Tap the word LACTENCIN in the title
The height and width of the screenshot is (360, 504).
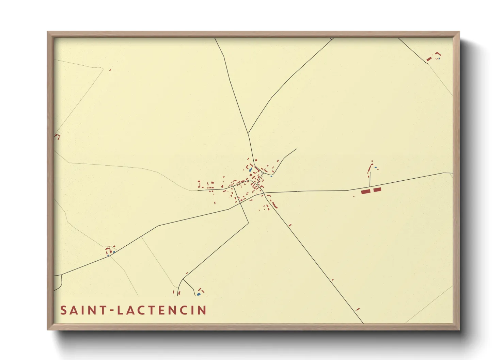[162, 310]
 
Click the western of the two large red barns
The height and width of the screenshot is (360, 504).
[365, 192]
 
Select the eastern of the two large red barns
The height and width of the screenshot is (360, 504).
[377, 190]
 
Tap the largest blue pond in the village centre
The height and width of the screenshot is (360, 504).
[251, 169]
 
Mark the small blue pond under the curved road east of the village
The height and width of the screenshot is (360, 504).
[271, 176]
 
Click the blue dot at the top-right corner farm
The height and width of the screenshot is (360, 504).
[439, 59]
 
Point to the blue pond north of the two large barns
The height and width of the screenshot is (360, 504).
[376, 167]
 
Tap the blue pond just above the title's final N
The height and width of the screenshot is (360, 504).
[199, 294]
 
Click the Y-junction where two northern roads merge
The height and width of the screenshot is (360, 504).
[248, 133]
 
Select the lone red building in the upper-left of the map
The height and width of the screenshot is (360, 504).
[110, 70]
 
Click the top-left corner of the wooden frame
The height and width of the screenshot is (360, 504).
[48, 32]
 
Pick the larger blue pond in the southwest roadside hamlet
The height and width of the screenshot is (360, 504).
[114, 252]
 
